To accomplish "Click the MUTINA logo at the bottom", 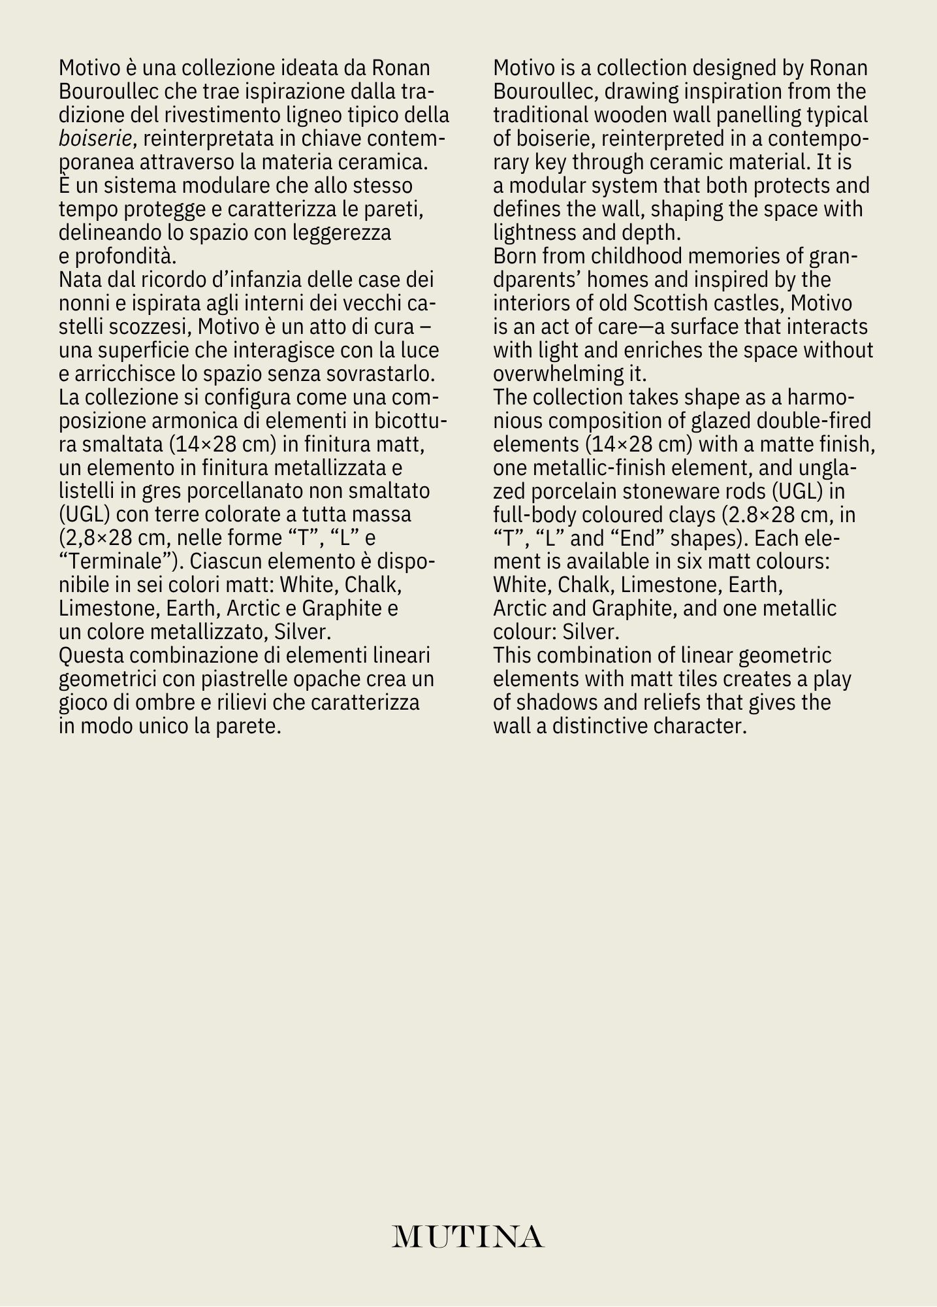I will [x=468, y=1236].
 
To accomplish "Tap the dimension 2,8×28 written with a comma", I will [x=103, y=538].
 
